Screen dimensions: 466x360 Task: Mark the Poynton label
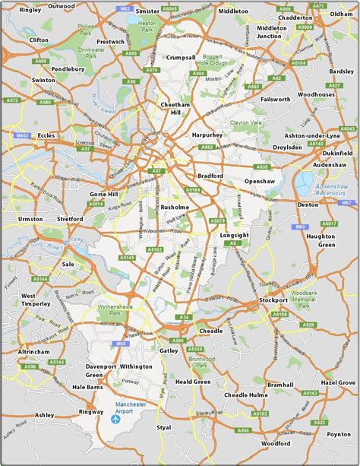coord(339,434)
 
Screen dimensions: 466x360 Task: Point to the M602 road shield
coord(22,135)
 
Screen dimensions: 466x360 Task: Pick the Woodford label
coord(276,443)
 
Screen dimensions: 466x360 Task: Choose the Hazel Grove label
coord(338,382)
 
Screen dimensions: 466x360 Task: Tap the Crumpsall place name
coord(183,58)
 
